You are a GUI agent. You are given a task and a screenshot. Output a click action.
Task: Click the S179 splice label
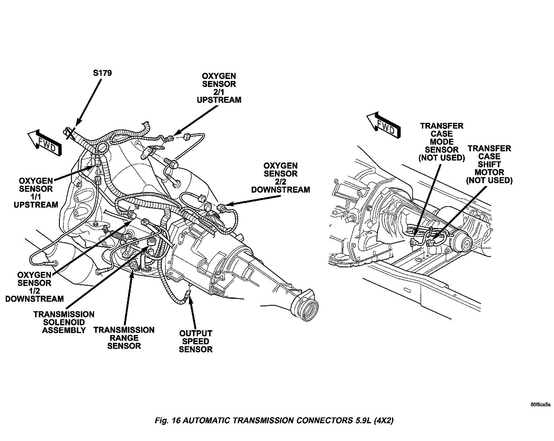pos(102,73)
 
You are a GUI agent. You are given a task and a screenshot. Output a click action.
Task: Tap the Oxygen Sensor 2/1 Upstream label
pos(219,88)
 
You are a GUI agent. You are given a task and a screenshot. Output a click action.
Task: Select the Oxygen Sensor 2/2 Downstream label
pos(280,178)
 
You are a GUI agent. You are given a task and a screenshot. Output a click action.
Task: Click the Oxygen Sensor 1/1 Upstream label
pos(36,193)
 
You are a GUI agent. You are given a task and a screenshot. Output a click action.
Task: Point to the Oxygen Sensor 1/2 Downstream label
pos(34,287)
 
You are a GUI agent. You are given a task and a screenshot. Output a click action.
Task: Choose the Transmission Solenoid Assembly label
pos(64,322)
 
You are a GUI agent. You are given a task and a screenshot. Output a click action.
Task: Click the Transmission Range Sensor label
pos(124,338)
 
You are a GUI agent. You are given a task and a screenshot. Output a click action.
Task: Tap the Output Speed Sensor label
pos(196,341)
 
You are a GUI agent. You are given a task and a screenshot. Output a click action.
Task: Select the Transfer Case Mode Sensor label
pos(442,142)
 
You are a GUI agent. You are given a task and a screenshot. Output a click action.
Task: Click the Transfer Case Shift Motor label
pos(489,165)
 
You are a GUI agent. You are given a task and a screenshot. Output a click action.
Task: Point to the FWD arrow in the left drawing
pos(45,143)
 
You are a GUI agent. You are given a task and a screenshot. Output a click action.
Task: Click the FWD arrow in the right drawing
pos(383,126)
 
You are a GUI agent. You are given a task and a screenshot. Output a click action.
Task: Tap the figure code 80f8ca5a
pos(540,405)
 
